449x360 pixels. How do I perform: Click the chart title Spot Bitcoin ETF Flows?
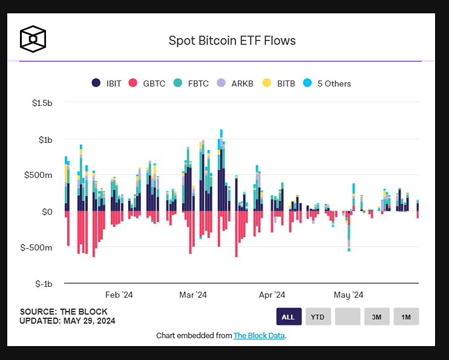(232, 41)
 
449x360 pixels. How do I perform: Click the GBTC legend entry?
(148, 83)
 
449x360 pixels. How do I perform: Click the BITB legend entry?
(278, 83)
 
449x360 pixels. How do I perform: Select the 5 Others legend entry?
(327, 83)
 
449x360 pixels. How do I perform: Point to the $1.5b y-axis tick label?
(42, 103)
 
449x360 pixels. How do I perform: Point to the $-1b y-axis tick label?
(42, 283)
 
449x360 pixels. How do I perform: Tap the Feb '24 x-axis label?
(119, 295)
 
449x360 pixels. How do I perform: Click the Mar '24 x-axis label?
(194, 295)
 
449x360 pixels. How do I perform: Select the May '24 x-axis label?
(349, 295)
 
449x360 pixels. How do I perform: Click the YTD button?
(318, 316)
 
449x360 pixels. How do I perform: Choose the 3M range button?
(376, 316)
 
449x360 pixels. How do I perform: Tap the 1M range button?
(406, 316)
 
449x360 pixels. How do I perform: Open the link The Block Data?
(258, 335)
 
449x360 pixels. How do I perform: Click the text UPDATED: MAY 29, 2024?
(67, 321)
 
